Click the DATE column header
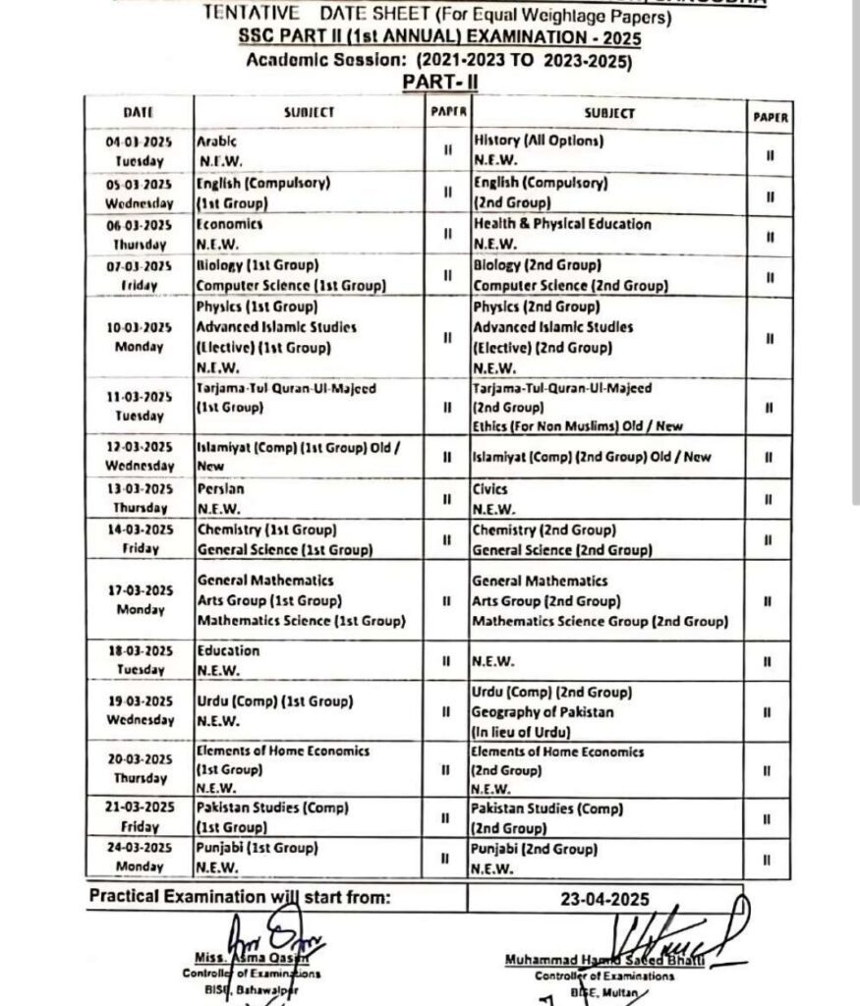point(139,112)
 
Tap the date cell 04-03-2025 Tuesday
point(139,150)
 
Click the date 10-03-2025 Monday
point(139,336)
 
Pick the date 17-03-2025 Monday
point(139,599)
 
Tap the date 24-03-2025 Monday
point(139,857)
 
